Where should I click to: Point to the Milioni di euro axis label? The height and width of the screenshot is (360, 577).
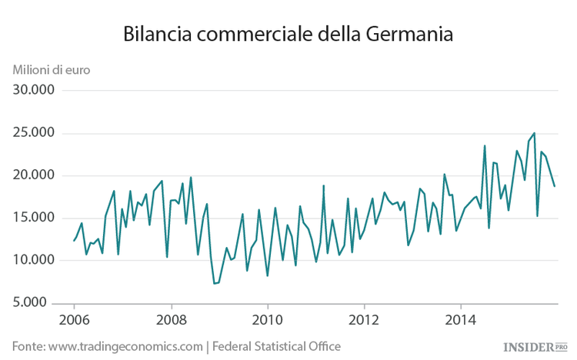click(51, 69)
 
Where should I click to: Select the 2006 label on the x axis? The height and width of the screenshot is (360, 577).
click(74, 319)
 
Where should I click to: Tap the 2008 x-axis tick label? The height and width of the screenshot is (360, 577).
click(171, 319)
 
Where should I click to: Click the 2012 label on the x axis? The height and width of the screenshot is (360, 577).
click(364, 319)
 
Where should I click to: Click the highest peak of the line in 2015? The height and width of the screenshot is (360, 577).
click(534, 133)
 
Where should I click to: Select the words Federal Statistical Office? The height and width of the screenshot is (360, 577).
click(276, 347)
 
